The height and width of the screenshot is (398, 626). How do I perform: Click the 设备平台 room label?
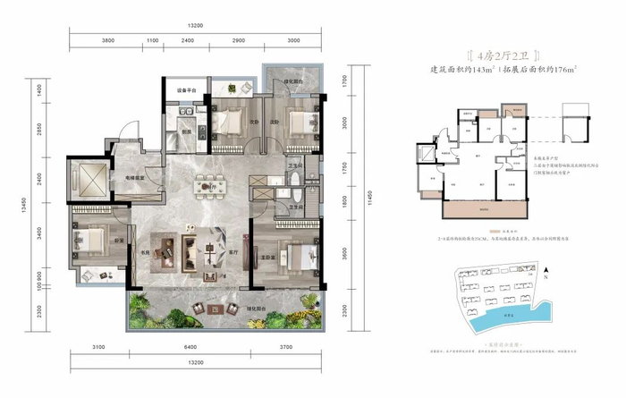click(185, 89)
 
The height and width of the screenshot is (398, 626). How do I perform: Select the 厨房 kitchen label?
click(188, 131)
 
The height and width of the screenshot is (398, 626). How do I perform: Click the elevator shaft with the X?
click(91, 175)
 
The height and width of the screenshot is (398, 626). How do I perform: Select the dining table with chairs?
click(207, 189)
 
